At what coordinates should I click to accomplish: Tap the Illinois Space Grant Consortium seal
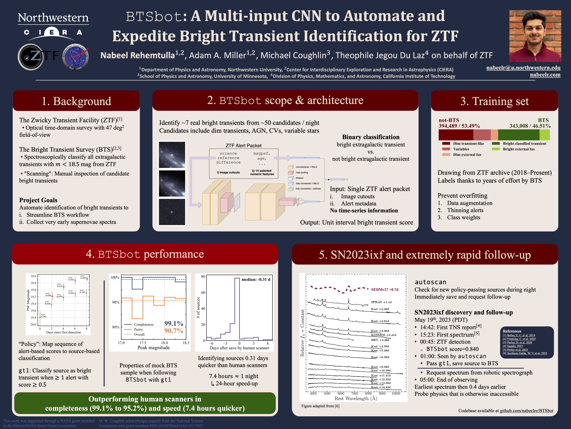point(75,57)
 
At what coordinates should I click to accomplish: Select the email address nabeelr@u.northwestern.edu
point(523,68)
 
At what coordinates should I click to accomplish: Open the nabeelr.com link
point(545,75)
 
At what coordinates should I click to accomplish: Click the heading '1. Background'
point(76,101)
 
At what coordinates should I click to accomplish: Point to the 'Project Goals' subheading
point(38,200)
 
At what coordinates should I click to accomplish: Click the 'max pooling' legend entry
point(302,172)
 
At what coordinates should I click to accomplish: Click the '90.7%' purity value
point(174,331)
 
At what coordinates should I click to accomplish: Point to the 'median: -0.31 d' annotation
point(256,280)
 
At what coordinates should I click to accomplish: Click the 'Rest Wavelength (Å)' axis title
point(356,398)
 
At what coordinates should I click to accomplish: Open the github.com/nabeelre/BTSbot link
point(526,411)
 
